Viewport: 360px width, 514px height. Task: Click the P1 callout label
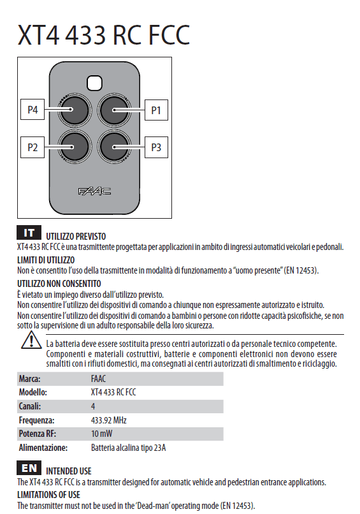(x=156, y=110)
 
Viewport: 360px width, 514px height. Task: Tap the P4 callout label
(x=32, y=110)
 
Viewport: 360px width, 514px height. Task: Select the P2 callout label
(x=32, y=148)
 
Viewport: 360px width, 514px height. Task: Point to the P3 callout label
(x=156, y=148)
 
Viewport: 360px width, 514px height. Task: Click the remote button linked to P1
(x=115, y=110)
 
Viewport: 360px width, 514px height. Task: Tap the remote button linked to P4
(x=75, y=110)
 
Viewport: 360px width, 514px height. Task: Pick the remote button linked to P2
(x=75, y=147)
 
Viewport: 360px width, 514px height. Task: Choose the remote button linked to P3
(x=115, y=147)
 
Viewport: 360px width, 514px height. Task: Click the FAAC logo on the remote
(x=94, y=191)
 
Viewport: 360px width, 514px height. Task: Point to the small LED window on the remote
(x=95, y=82)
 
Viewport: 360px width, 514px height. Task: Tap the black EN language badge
(x=29, y=467)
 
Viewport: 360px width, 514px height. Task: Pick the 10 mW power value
(x=102, y=434)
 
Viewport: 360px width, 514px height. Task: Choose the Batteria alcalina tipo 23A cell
(x=128, y=448)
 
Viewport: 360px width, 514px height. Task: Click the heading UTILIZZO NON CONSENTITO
(x=59, y=283)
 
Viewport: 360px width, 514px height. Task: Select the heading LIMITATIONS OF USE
(x=48, y=494)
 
